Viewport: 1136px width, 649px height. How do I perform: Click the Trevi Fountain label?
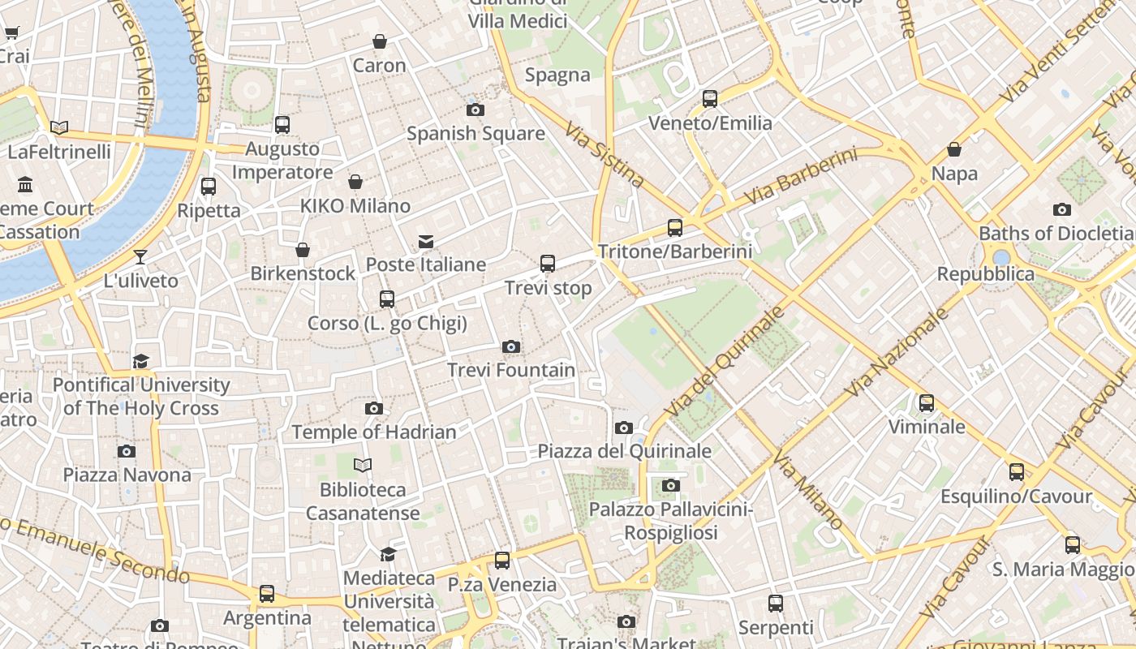click(511, 371)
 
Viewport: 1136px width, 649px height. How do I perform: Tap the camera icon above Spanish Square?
click(475, 110)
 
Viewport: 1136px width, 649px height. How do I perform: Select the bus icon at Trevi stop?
click(548, 264)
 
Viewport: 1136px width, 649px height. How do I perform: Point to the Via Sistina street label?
click(605, 155)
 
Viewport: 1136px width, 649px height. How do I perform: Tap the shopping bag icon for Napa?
click(954, 150)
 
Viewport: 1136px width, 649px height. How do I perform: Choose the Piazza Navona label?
click(127, 475)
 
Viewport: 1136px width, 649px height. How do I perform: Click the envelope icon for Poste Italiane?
click(426, 241)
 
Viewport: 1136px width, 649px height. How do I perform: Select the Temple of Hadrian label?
click(374, 432)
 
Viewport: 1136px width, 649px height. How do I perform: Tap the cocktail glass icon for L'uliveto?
click(140, 257)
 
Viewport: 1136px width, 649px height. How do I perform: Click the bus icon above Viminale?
click(926, 402)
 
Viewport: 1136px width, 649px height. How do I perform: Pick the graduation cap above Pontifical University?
click(141, 361)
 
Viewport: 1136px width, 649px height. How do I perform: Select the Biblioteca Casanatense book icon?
click(363, 466)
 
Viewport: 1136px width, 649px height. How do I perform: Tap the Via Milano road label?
click(808, 490)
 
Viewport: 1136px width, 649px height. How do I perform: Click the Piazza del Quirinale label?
click(625, 451)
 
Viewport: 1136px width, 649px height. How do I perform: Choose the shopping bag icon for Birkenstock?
click(303, 250)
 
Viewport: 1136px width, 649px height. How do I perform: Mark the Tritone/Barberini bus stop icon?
click(675, 228)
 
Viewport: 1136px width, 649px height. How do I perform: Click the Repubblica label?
click(986, 274)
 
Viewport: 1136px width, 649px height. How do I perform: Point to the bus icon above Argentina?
click(267, 594)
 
